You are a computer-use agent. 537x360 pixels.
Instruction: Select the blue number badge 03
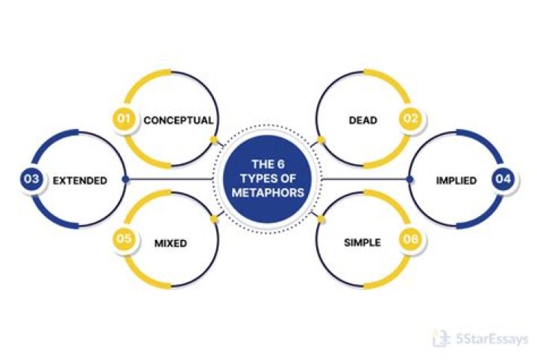(x=31, y=180)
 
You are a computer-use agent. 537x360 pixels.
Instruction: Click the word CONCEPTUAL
(x=178, y=119)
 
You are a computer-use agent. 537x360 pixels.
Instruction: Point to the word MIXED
(x=170, y=243)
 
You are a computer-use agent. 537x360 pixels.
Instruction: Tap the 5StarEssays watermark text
(x=489, y=339)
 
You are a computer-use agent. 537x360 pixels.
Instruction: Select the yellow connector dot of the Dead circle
(x=321, y=139)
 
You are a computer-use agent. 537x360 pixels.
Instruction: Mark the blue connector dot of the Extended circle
(x=126, y=180)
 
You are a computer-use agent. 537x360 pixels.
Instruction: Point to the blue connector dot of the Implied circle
(x=409, y=180)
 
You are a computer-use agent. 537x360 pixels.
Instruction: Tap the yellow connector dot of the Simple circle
(x=321, y=219)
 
